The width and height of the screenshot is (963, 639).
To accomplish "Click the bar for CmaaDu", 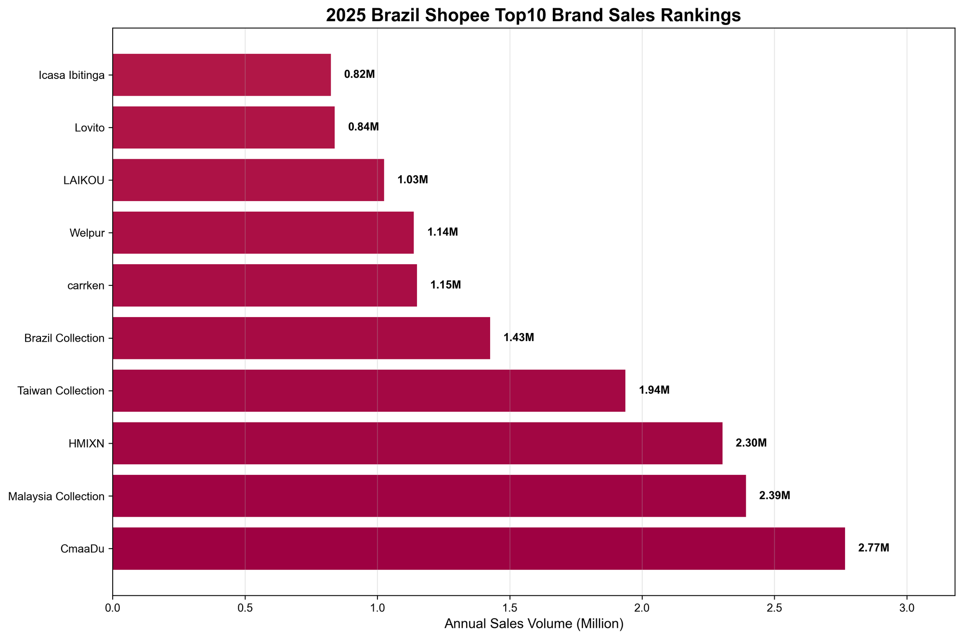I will [479, 549].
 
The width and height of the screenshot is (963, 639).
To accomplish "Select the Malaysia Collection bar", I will [429, 496].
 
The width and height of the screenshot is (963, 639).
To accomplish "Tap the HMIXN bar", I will [417, 443].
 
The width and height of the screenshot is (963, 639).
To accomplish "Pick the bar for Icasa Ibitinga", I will [221, 75].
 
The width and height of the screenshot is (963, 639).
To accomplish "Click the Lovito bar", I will [223, 128].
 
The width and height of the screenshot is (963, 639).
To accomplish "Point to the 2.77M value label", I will [873, 548].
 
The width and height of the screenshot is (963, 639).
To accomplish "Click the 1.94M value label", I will [654, 390].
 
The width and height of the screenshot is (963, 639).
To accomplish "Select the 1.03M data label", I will [412, 180].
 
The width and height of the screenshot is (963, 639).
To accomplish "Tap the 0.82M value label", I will [359, 75].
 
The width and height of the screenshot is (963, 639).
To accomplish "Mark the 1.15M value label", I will [445, 285].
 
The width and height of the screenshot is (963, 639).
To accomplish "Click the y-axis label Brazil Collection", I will [65, 338].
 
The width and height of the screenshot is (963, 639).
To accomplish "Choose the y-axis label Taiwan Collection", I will [61, 391].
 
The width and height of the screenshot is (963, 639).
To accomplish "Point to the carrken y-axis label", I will [86, 285].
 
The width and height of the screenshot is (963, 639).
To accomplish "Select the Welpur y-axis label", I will [87, 233].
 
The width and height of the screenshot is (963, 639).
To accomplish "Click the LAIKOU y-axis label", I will [84, 180].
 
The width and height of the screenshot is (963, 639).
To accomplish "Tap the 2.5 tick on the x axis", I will [774, 608].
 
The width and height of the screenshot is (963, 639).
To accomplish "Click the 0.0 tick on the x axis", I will [113, 608].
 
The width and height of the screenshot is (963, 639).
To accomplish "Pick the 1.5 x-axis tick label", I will [509, 608].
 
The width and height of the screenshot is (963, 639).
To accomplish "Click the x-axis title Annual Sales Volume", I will [534, 624].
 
